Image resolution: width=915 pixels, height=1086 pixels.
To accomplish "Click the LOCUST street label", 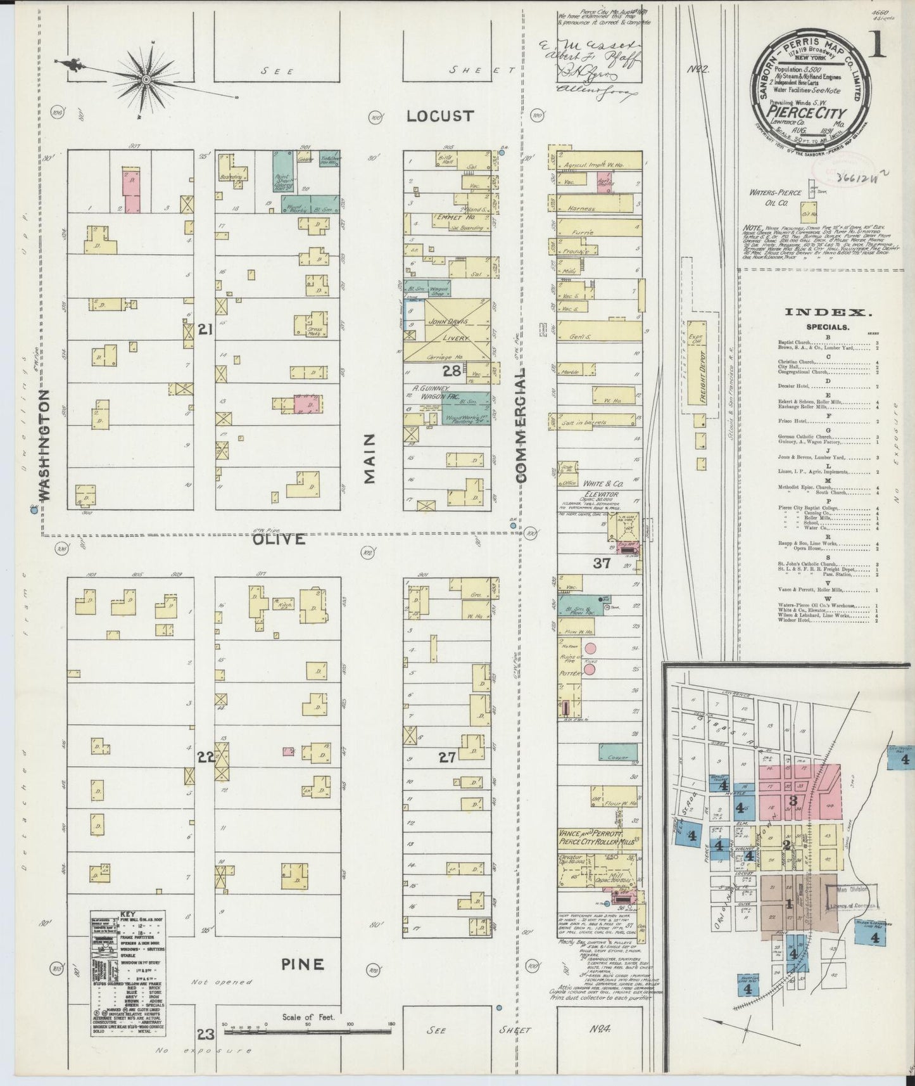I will tap(439, 116).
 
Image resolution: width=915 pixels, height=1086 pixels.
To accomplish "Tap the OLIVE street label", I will tap(279, 539).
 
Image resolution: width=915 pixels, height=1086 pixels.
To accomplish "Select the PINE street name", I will tap(302, 965).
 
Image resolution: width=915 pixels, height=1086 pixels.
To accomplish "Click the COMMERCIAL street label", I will tap(521, 428).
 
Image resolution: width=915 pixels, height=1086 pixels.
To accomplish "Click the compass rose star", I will tap(146, 79).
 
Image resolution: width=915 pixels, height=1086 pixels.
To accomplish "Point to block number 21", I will tap(204, 329).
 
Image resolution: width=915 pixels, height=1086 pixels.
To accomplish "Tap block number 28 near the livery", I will tap(451, 371).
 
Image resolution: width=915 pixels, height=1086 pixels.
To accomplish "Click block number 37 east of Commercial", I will tap(601, 563).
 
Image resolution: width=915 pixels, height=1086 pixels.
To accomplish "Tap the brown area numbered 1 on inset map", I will tap(789, 904).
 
